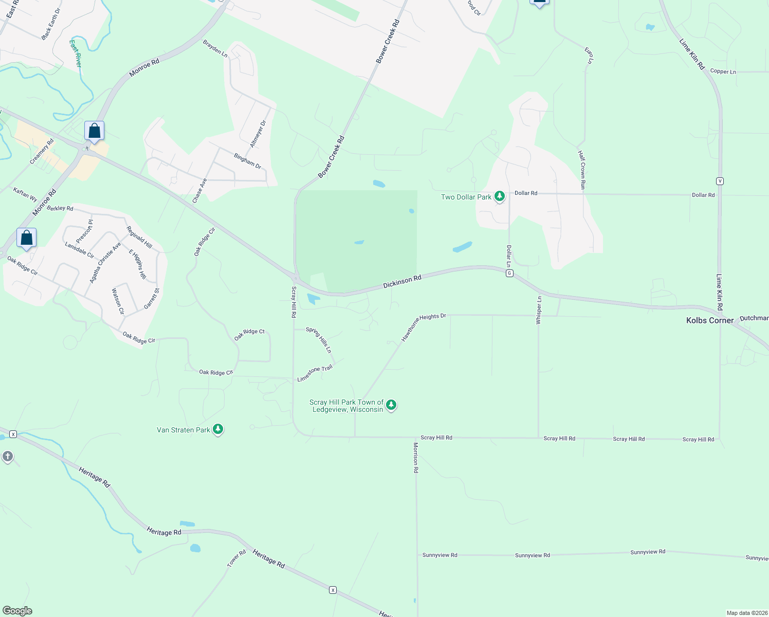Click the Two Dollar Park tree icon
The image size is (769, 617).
[499, 196]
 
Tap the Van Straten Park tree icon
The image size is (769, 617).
[218, 429]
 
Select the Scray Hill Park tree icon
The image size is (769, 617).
[391, 405]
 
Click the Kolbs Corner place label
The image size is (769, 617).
[710, 320]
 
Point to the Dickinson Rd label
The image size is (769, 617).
[402, 281]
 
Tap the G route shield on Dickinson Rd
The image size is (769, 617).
[509, 273]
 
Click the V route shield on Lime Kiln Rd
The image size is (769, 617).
[720, 181]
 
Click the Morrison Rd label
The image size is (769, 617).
[416, 458]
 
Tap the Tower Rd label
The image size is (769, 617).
[237, 559]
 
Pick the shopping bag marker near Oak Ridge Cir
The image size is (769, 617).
[26, 238]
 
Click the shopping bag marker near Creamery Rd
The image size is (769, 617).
[94, 131]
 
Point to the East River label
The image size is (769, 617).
[76, 53]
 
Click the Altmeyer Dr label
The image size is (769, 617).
[258, 134]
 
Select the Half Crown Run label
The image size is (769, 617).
[582, 170]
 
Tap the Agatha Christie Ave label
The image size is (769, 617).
[104, 262]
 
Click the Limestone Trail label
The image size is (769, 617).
[315, 373]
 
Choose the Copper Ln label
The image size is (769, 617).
[723, 71]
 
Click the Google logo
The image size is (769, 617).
[17, 611]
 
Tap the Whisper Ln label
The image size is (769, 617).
[539, 310]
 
